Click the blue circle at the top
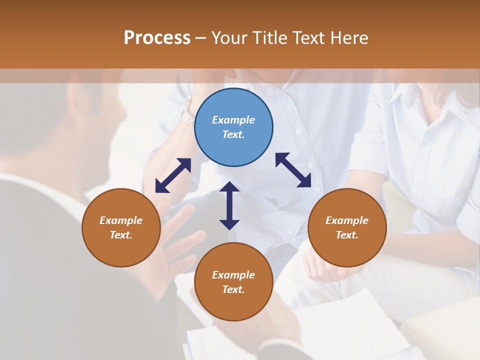point(233,127)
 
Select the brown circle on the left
point(121,227)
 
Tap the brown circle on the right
point(347,227)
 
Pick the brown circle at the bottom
point(233,282)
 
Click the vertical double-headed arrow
point(229,205)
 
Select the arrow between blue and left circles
point(173,175)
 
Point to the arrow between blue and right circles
point(293,170)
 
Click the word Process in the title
point(157,37)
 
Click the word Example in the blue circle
point(233,120)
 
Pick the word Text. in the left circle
point(121,235)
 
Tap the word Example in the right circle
point(347,220)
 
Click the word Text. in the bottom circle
point(233,289)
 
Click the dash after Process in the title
point(201,38)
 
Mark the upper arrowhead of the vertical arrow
point(229,187)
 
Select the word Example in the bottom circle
point(233,275)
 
